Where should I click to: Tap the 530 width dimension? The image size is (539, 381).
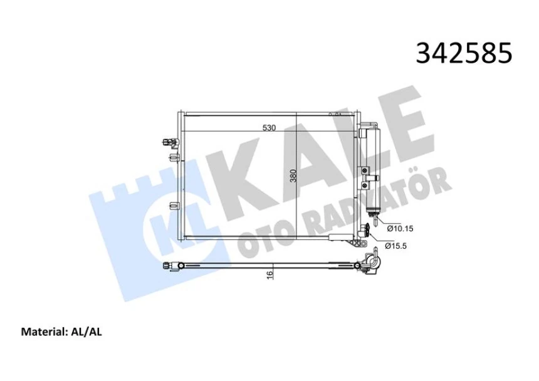269,128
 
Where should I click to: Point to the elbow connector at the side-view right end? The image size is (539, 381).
371,263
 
